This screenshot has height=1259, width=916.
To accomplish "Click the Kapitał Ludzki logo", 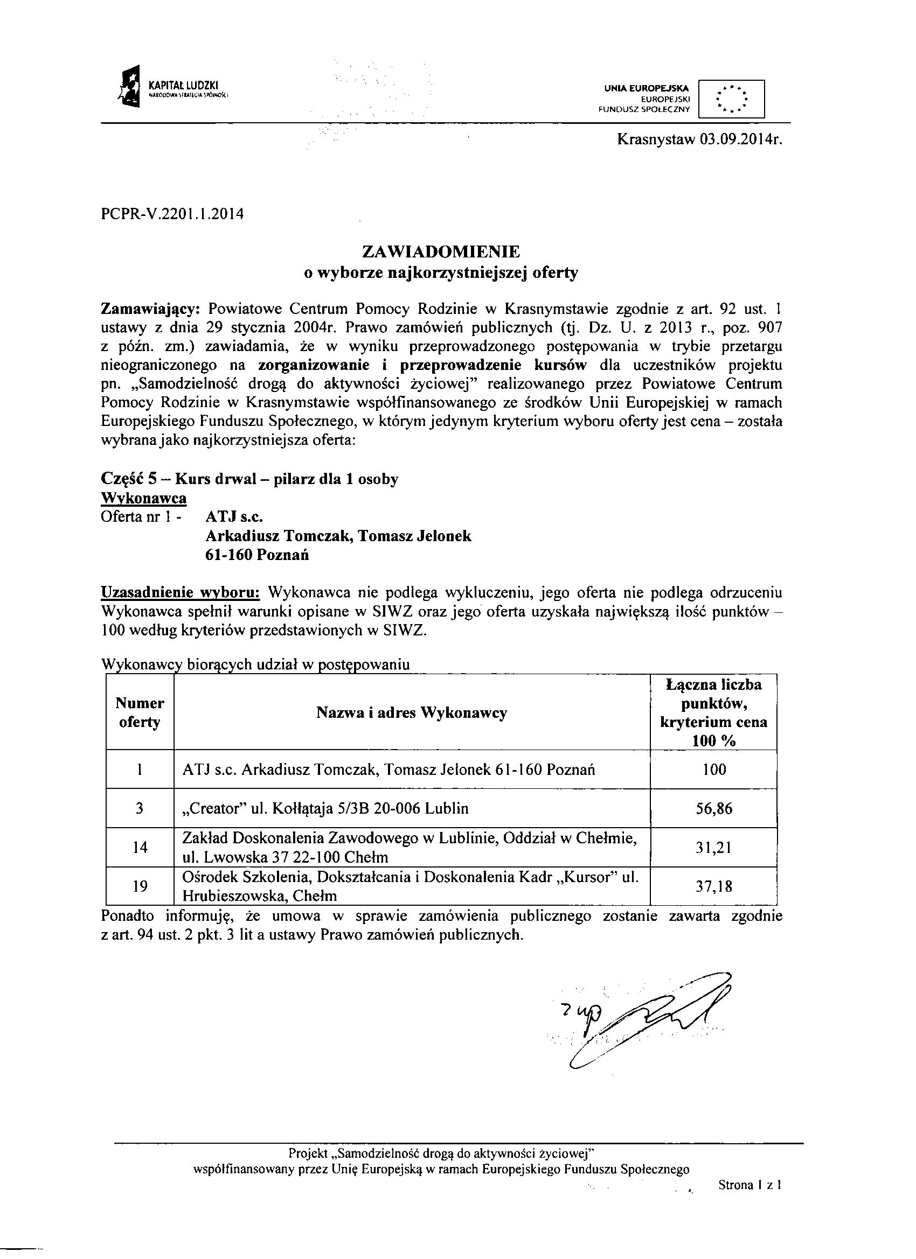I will tap(169, 88).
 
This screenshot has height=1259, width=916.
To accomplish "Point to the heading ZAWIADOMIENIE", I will tap(441, 251).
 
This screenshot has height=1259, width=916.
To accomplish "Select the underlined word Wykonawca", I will tap(143, 499).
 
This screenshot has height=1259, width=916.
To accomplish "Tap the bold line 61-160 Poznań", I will tap(257, 555).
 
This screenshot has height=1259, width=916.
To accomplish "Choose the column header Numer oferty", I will tap(140, 713).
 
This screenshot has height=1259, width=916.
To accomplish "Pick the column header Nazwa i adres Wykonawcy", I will tap(412, 713).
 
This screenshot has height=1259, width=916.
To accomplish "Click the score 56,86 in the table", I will tap(714, 808).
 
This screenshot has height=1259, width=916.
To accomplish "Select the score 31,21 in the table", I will tap(714, 848).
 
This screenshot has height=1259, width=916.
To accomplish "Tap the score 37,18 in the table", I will tap(714, 886).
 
